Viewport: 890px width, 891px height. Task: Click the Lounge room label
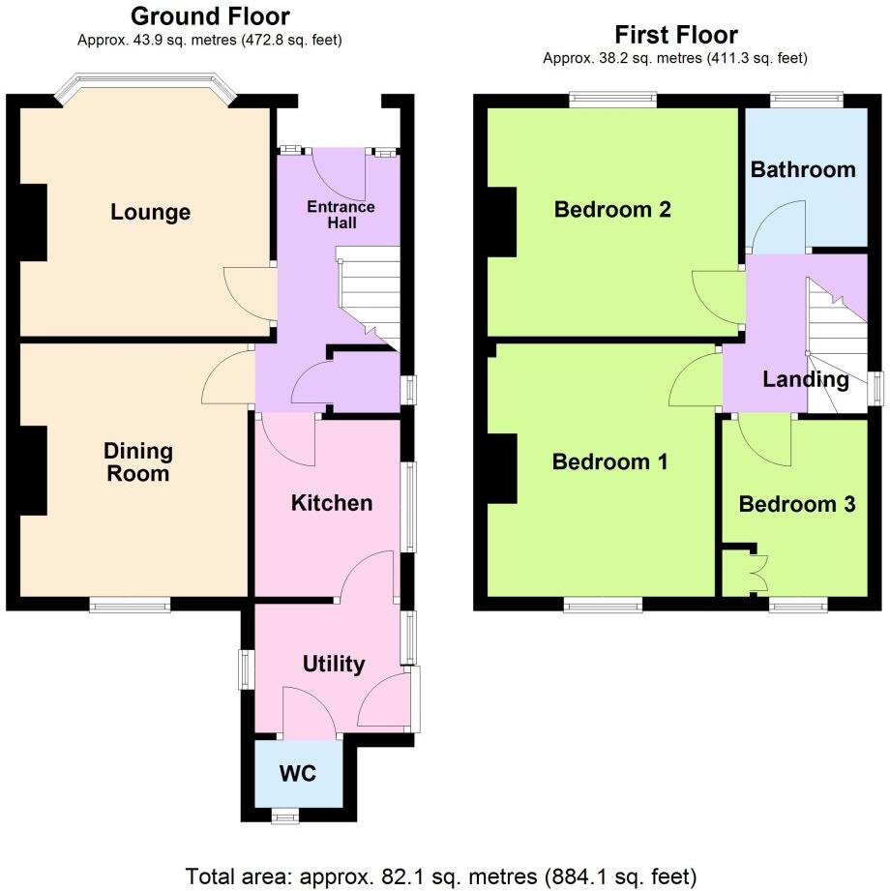coord(150,213)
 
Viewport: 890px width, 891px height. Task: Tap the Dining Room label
coord(139,462)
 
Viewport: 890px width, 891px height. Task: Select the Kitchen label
coord(332,503)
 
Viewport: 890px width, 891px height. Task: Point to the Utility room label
coord(334,664)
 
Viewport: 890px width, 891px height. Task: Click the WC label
coord(297,775)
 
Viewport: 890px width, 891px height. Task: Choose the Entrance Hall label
coord(340,215)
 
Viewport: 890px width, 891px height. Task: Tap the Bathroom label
coord(803,170)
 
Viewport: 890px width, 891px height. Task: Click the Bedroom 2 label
coord(612,210)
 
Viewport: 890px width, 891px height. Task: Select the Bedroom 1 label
coord(609,462)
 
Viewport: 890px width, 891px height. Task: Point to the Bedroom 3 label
coord(796,504)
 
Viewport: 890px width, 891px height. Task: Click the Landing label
coord(805,379)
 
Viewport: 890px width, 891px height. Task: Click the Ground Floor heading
coord(209,16)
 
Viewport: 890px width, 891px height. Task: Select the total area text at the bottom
coord(440,876)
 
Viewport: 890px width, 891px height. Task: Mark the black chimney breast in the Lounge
coord(34,222)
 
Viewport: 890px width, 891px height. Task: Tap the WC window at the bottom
coord(284,817)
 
